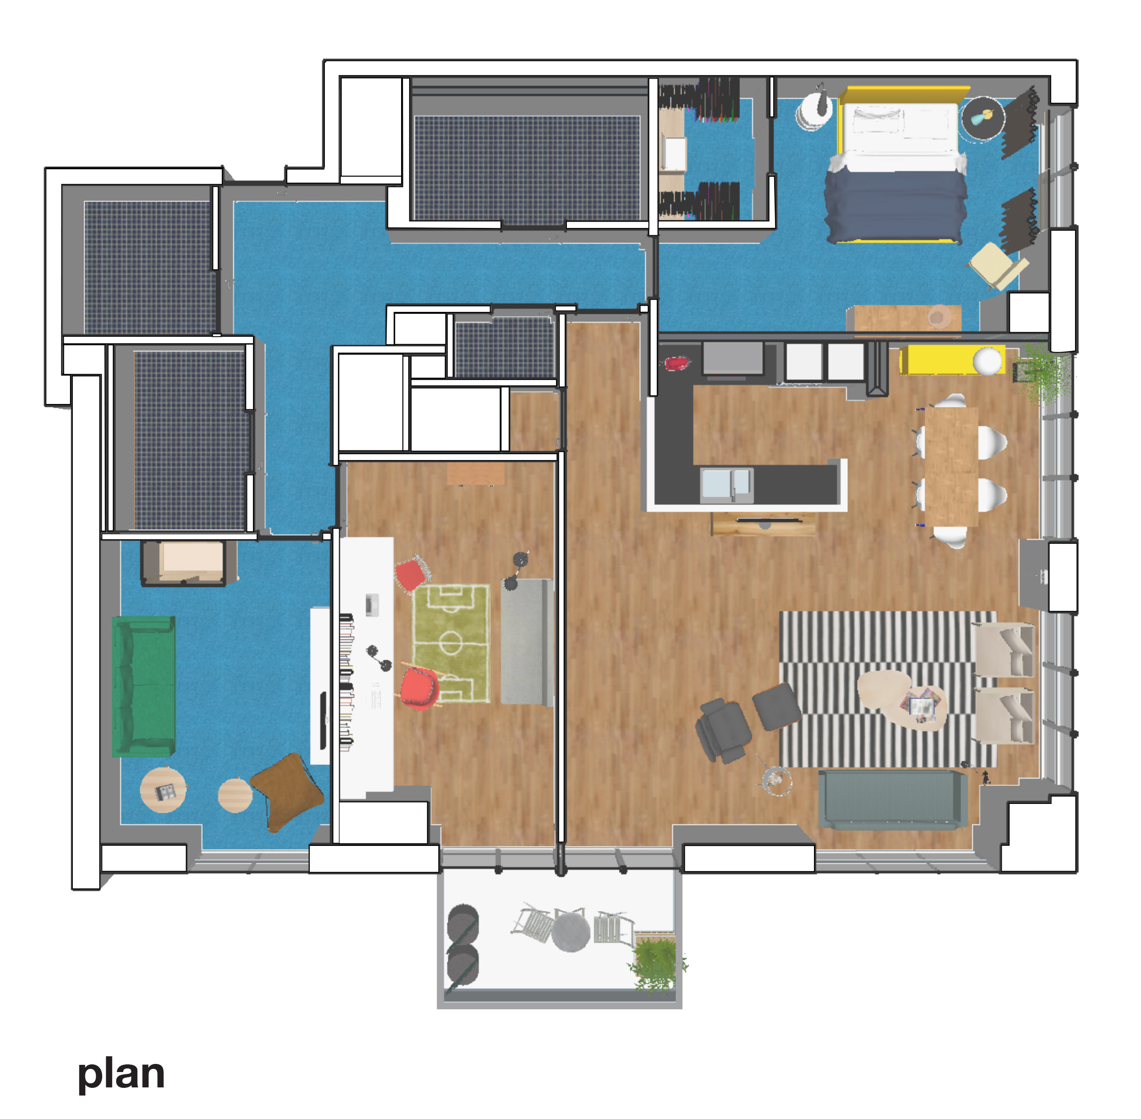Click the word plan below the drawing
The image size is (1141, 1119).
click(x=121, y=1074)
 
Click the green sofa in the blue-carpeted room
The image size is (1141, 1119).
click(x=144, y=686)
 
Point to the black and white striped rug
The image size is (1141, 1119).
click(x=888, y=689)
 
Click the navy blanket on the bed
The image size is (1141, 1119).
click(x=895, y=206)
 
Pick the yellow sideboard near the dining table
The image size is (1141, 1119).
click(x=951, y=360)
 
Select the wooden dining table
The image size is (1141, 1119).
click(x=951, y=466)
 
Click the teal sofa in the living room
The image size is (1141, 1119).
click(x=892, y=800)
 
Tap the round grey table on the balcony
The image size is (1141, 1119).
click(x=570, y=932)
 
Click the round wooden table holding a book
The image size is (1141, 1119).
click(x=163, y=789)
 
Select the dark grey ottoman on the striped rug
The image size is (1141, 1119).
click(x=777, y=706)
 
